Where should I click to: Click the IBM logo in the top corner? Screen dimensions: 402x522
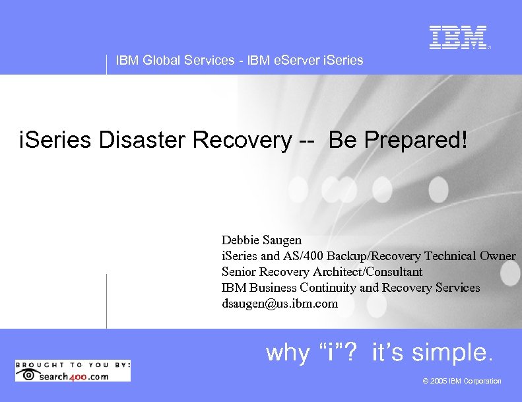pos(458,38)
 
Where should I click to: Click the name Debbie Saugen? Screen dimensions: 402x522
pos(261,240)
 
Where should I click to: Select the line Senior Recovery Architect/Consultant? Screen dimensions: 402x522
pos(322,272)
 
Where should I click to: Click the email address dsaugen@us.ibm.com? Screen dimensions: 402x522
pos(279,304)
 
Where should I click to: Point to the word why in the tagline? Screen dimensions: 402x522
pos(287,353)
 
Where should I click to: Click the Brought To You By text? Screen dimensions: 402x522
pos(73,364)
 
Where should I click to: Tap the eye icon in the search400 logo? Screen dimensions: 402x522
pos(27,376)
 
